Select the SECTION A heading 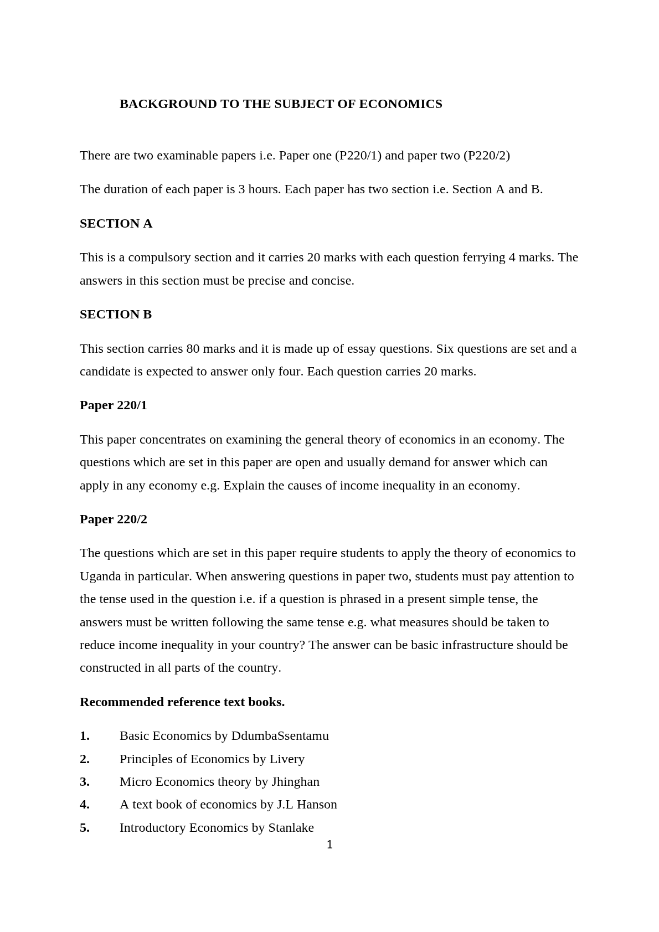[x=116, y=224]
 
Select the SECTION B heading [x=116, y=315]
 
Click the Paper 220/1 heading [x=114, y=405]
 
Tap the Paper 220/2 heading [x=114, y=519]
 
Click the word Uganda [x=100, y=576]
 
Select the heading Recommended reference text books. [x=182, y=702]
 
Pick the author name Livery [x=287, y=759]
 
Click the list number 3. [x=84, y=782]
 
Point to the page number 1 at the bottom [x=329, y=845]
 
